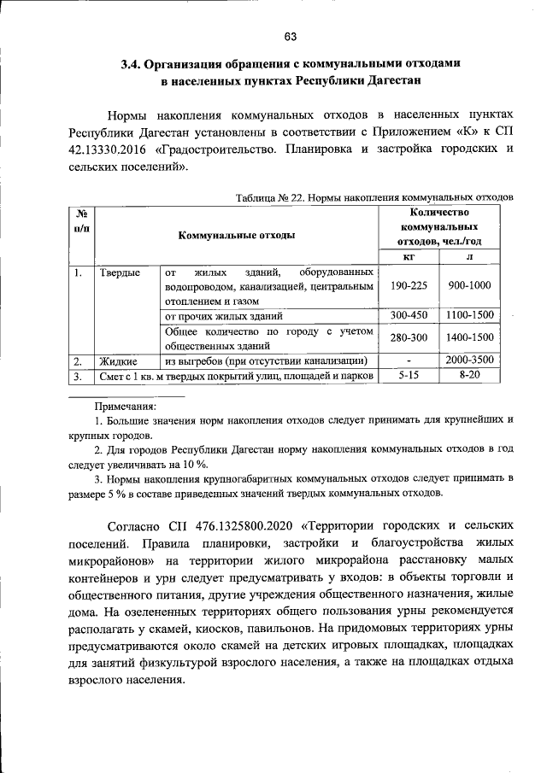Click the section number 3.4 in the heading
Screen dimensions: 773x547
tap(130, 64)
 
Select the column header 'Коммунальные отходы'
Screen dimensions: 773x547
tap(237, 234)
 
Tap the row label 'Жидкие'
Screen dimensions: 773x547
tap(119, 360)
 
